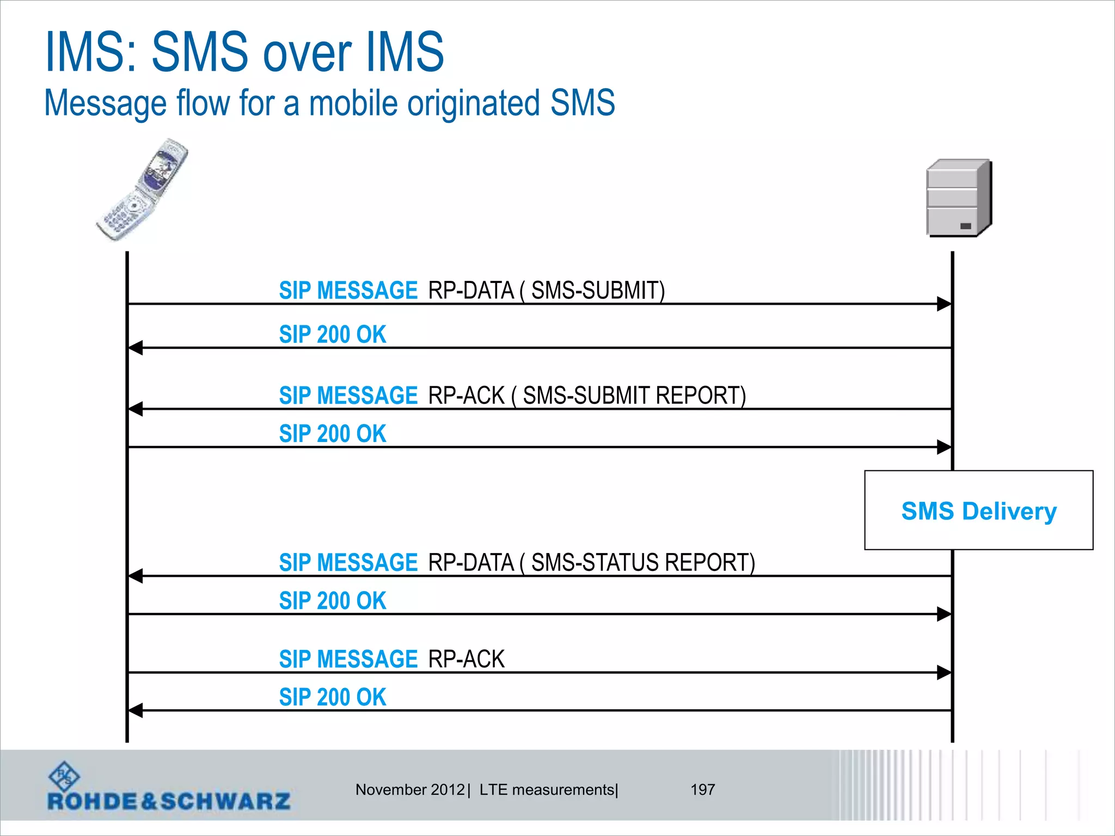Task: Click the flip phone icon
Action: tap(143, 190)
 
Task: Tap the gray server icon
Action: tap(959, 198)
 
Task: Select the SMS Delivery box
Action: tap(978, 510)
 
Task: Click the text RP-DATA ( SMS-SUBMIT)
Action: tap(546, 290)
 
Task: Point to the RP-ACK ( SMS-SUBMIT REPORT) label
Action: tap(587, 395)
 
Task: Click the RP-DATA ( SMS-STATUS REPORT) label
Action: tap(591, 562)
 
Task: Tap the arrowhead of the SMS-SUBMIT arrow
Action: tap(944, 304)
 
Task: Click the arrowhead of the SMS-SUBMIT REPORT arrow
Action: tap(135, 409)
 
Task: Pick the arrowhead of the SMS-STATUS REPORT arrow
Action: tap(135, 576)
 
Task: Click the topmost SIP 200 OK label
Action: tap(332, 334)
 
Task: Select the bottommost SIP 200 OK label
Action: tap(332, 697)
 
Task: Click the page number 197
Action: tap(702, 789)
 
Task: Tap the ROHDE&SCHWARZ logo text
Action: tap(169, 801)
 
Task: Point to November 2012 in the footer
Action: tap(410, 789)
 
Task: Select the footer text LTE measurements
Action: tap(547, 789)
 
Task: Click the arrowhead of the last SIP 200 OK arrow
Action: tap(135, 710)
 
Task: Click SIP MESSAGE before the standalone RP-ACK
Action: tap(348, 659)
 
